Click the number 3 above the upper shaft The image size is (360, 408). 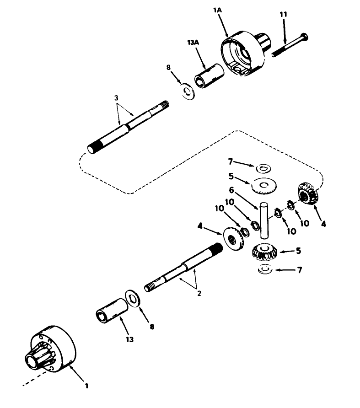(x=117, y=97)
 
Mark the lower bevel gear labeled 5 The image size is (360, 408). (x=264, y=252)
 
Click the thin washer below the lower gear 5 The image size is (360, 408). (x=265, y=270)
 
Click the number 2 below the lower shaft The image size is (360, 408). (x=199, y=294)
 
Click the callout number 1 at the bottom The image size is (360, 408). (x=87, y=386)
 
